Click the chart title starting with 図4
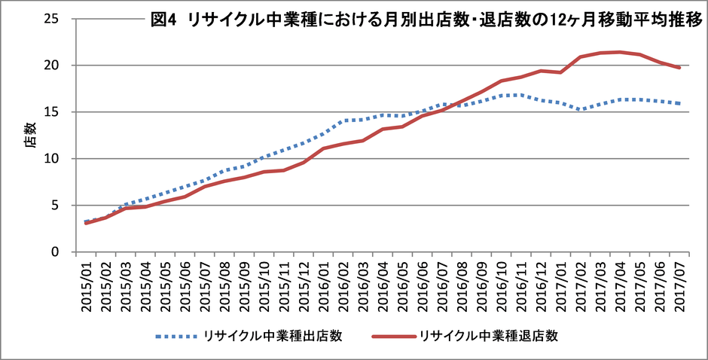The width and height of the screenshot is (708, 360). [x=426, y=21]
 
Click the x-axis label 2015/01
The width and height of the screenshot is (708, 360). [x=84, y=283]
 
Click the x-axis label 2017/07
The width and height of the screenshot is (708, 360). [x=680, y=283]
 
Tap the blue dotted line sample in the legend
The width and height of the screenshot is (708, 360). [x=178, y=337]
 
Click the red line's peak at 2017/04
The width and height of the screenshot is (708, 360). [x=619, y=52]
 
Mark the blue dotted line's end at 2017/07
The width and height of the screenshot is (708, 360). [x=680, y=103]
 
